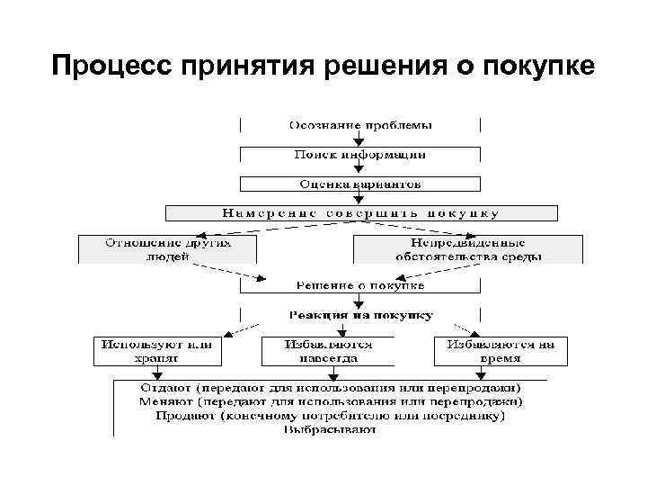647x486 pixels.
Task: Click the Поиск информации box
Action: click(x=359, y=155)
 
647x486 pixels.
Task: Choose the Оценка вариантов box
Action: click(x=359, y=184)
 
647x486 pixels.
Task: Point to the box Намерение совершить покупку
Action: click(x=361, y=213)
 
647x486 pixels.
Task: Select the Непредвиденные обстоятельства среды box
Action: click(x=468, y=248)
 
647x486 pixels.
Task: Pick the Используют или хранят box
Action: click(x=156, y=351)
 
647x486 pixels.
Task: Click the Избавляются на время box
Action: click(x=501, y=351)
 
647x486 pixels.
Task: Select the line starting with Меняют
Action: click(x=332, y=402)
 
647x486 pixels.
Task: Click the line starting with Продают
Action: click(x=332, y=416)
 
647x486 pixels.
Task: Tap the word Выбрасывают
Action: click(x=332, y=429)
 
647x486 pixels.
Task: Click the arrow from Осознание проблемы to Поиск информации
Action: click(x=359, y=139)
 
